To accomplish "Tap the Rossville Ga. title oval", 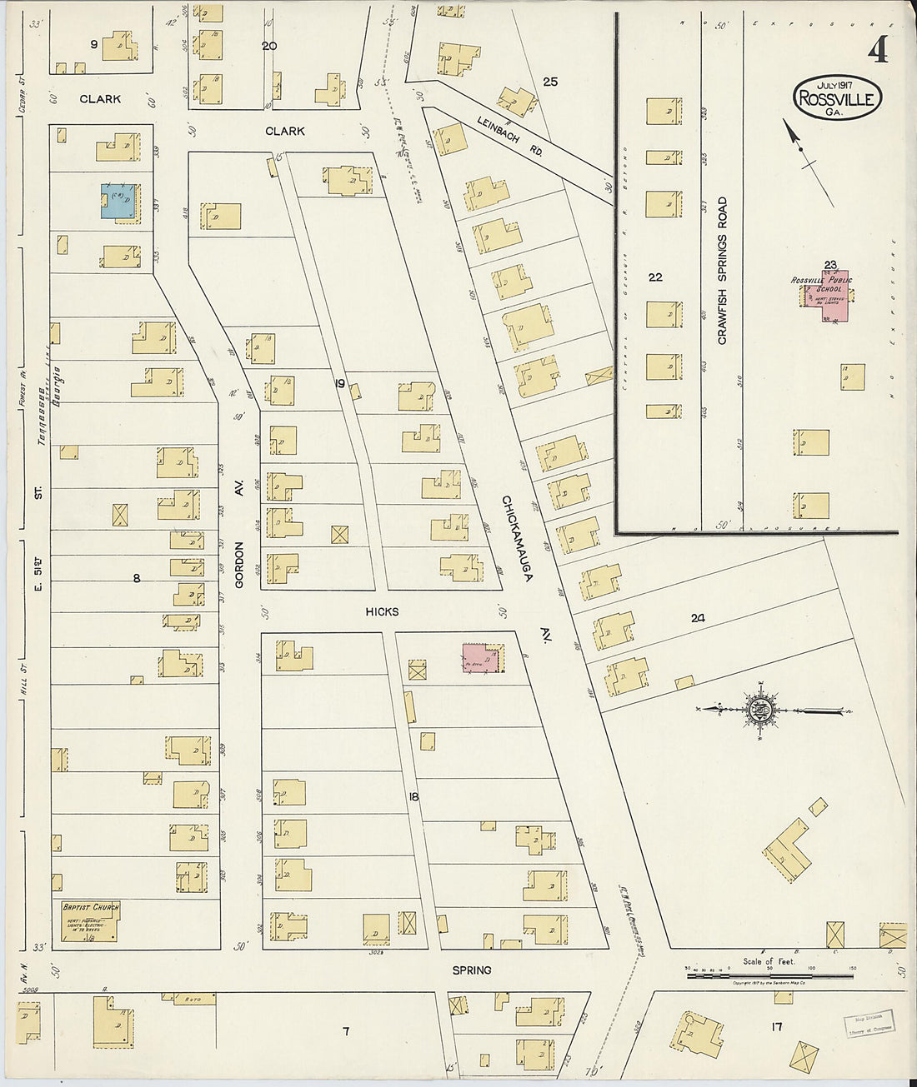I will click(x=836, y=97).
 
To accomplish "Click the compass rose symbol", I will click(x=760, y=711).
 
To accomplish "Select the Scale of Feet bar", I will click(x=769, y=974).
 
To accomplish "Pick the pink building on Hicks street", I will click(x=481, y=657).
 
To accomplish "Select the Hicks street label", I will click(x=382, y=611).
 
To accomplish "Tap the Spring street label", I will click(x=472, y=970).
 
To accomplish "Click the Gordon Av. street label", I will click(x=239, y=566).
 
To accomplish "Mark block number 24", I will click(x=698, y=618).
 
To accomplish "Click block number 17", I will click(x=776, y=1027).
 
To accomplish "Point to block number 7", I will click(x=345, y=1032).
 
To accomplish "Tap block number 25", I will click(x=549, y=81).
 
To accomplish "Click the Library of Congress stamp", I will click(x=867, y=1020).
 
